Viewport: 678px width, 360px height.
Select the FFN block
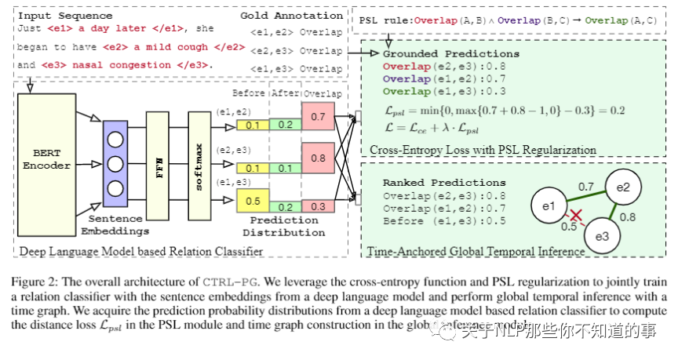pyautogui.click(x=157, y=166)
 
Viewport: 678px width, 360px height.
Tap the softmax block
pyautogui.click(x=199, y=166)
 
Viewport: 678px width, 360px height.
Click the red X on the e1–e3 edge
pyautogui.click(x=575, y=215)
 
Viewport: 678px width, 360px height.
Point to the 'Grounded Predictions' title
pyautogui.click(x=450, y=54)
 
